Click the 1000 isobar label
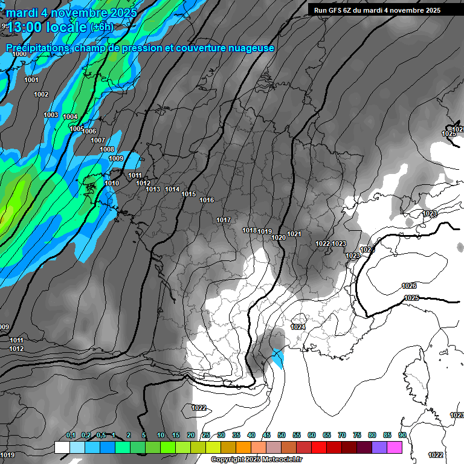19,54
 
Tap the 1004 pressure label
70,117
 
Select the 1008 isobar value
107,149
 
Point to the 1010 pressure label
112,183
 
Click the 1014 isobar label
172,189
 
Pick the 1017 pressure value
224,220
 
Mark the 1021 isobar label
294,234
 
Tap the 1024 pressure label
298,327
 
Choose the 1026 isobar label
409,286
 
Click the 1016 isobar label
207,200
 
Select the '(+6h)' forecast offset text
101,27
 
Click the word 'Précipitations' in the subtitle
36,48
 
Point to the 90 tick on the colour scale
402,435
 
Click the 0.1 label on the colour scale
71,435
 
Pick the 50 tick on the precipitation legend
282,435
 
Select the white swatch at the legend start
62,447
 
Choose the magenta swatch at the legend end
395,447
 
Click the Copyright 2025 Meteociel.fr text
256,459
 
